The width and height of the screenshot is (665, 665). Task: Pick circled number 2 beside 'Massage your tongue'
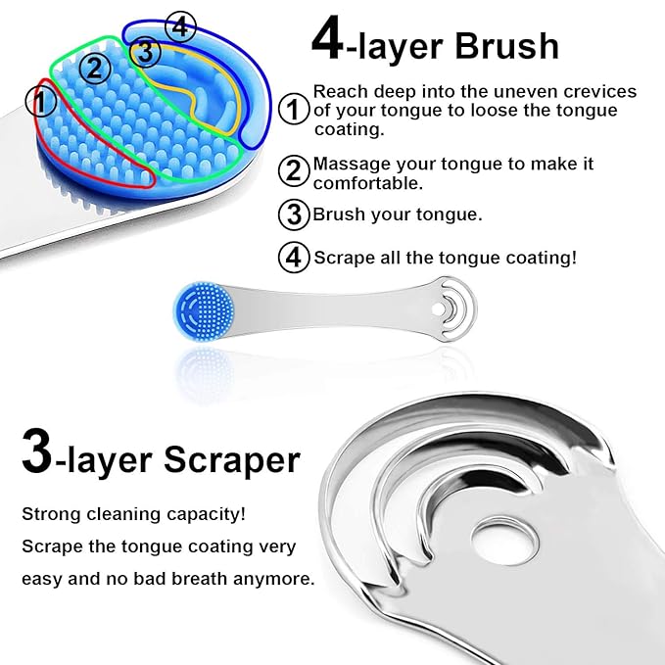(x=293, y=170)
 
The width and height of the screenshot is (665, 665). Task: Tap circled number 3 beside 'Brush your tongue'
(x=293, y=214)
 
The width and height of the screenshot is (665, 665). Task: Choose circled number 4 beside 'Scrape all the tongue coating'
(x=293, y=258)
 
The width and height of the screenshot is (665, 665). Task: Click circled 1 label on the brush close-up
(x=41, y=100)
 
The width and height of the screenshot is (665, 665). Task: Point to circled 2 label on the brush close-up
(x=95, y=68)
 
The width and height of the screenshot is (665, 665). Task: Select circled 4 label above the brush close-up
(x=180, y=24)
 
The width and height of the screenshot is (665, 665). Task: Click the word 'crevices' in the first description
(x=600, y=91)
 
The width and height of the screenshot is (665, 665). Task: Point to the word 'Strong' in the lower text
(x=50, y=513)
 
